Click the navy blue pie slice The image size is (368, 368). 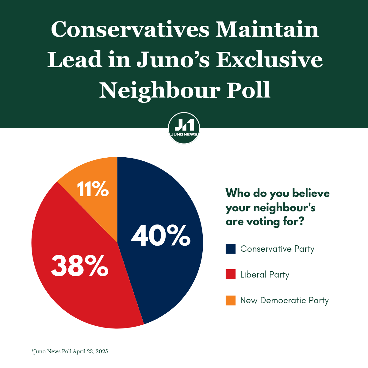tap(166, 276)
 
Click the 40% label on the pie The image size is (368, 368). tap(161, 236)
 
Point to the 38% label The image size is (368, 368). tap(80, 266)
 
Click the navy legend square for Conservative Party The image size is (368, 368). tap(231, 249)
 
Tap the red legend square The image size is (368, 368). tap(231, 274)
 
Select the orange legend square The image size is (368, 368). tap(231, 300)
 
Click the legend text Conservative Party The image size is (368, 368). tap(277, 249)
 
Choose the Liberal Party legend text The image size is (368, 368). tap(265, 274)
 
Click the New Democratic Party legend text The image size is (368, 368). tap(284, 300)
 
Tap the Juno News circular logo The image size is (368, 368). tap(184, 128)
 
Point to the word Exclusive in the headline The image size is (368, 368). tap(269, 60)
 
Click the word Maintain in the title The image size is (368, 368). tap(267, 30)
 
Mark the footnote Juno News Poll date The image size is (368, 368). tap(70, 351)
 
